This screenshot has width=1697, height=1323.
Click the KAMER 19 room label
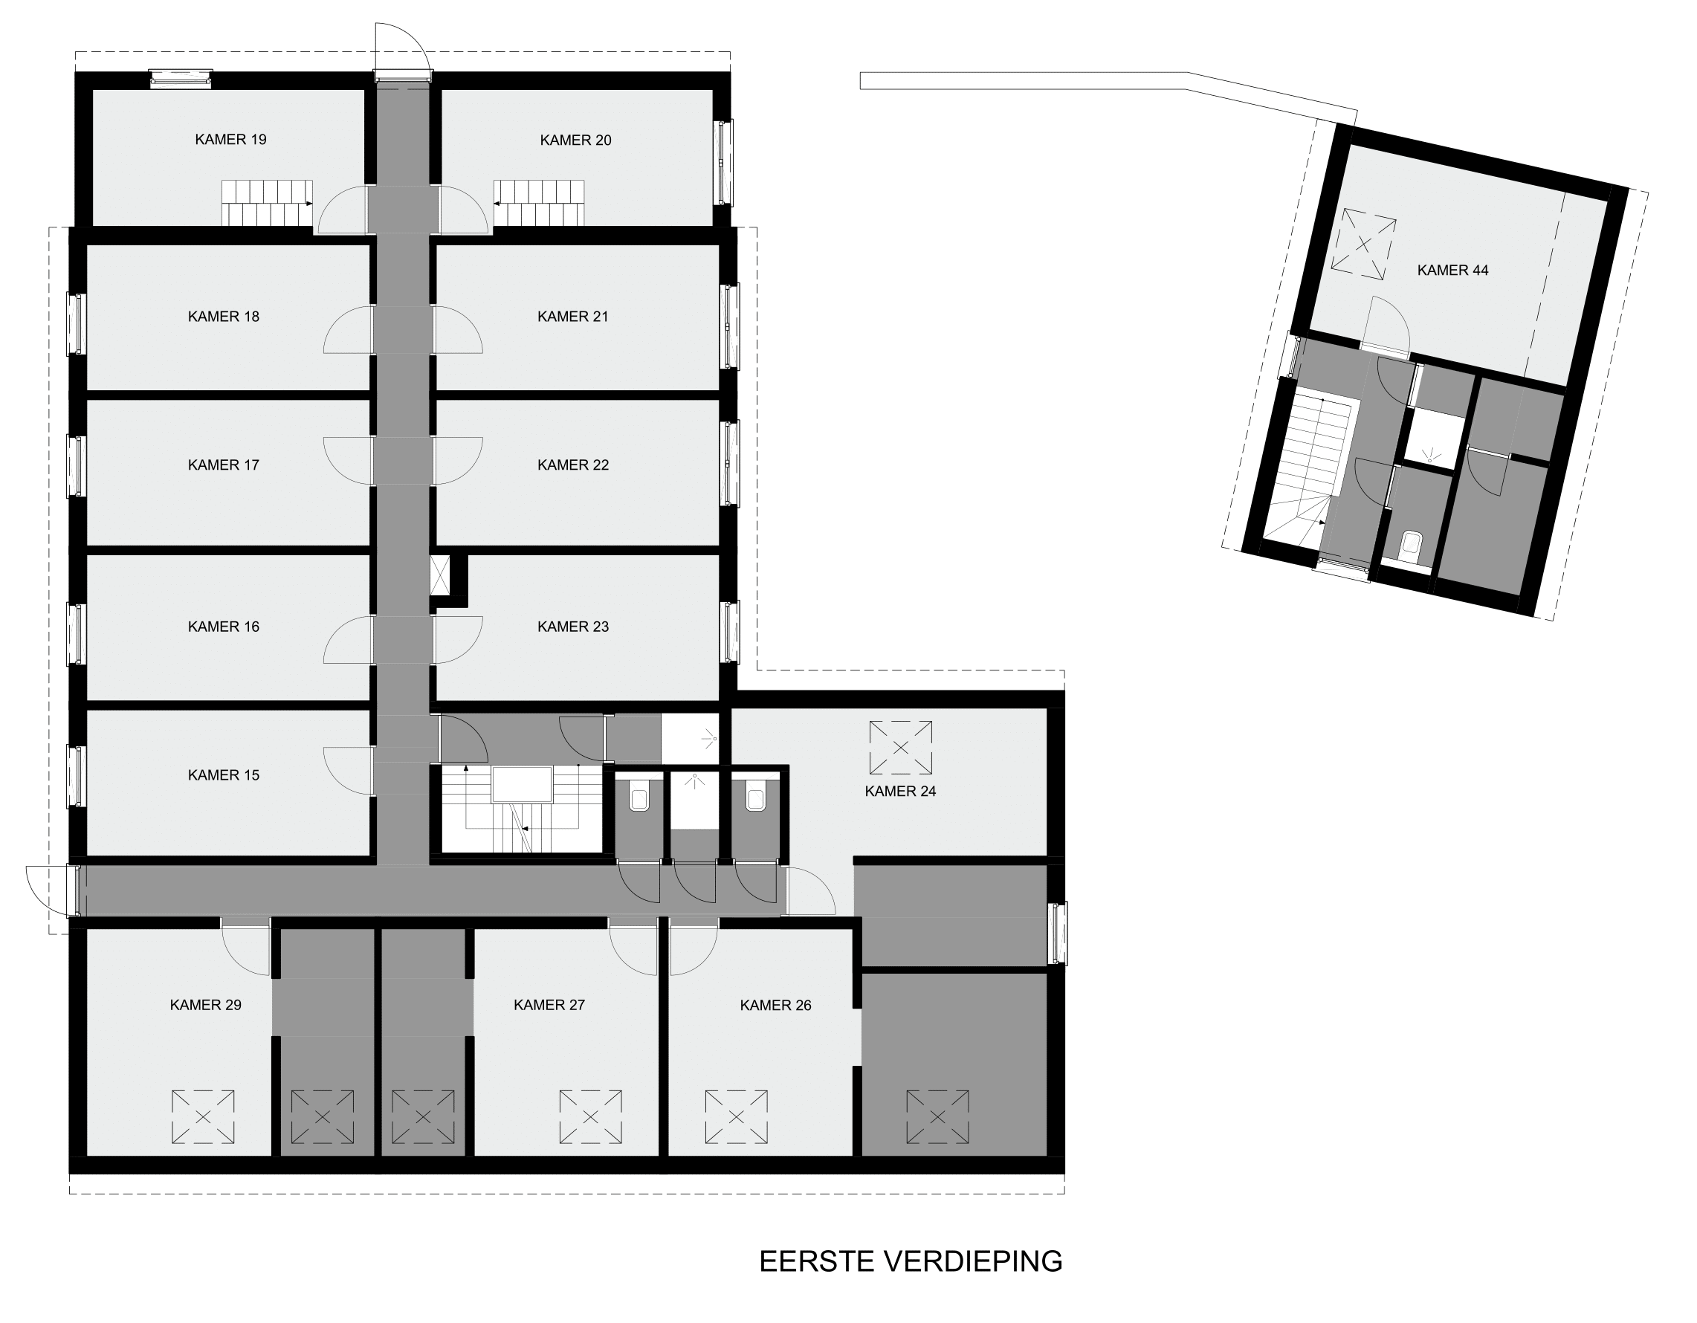pyautogui.click(x=230, y=140)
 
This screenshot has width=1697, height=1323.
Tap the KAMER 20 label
pyautogui.click(x=576, y=140)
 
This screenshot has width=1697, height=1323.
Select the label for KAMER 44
pyautogui.click(x=1453, y=271)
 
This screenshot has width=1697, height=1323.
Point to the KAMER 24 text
pyautogui.click(x=901, y=792)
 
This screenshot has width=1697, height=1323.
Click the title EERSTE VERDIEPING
pyautogui.click(x=911, y=1261)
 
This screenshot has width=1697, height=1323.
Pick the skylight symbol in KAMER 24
pyautogui.click(x=901, y=747)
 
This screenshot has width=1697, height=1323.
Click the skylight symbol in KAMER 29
pyautogui.click(x=203, y=1117)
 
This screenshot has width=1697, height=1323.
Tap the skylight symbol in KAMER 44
pyautogui.click(x=1364, y=244)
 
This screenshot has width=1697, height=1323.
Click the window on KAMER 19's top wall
pyautogui.click(x=181, y=77)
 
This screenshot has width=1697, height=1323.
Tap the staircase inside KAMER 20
pyautogui.click(x=538, y=203)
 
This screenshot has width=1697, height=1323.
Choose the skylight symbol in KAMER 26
pyautogui.click(x=737, y=1117)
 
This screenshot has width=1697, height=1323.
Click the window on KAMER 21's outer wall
pyautogui.click(x=729, y=326)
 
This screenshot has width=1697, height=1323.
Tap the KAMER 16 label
pyautogui.click(x=224, y=627)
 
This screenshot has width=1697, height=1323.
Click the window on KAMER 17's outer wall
pyautogui.click(x=76, y=466)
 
